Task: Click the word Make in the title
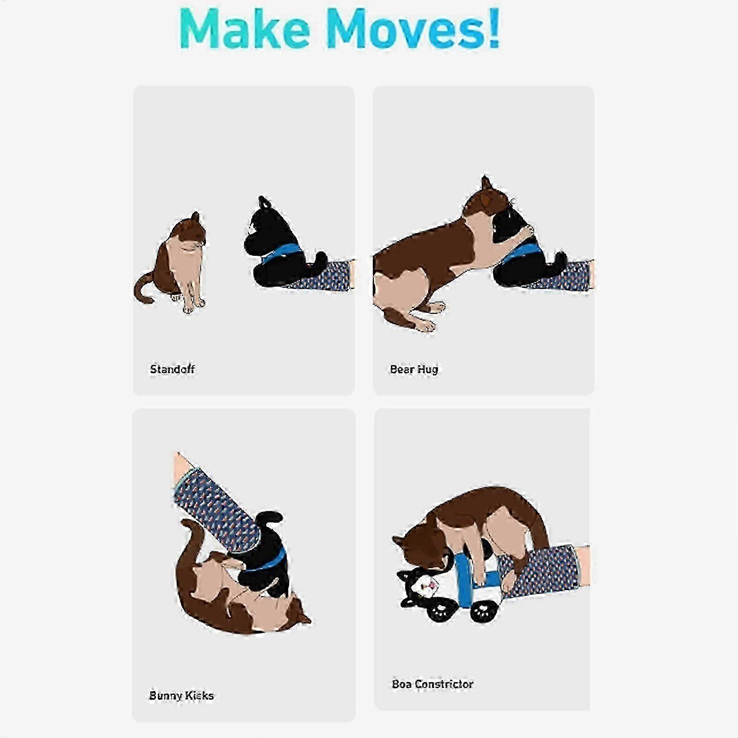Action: click(245, 29)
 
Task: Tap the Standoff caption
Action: click(172, 369)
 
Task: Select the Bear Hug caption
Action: click(414, 370)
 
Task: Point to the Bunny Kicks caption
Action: click(182, 695)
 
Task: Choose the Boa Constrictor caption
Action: click(432, 684)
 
